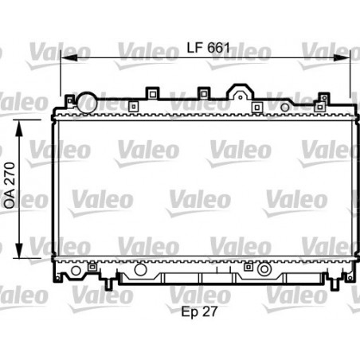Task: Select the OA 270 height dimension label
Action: (10, 187)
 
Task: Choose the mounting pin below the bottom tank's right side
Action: (328, 281)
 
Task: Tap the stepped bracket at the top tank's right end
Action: (322, 99)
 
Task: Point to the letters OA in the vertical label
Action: (10, 200)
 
